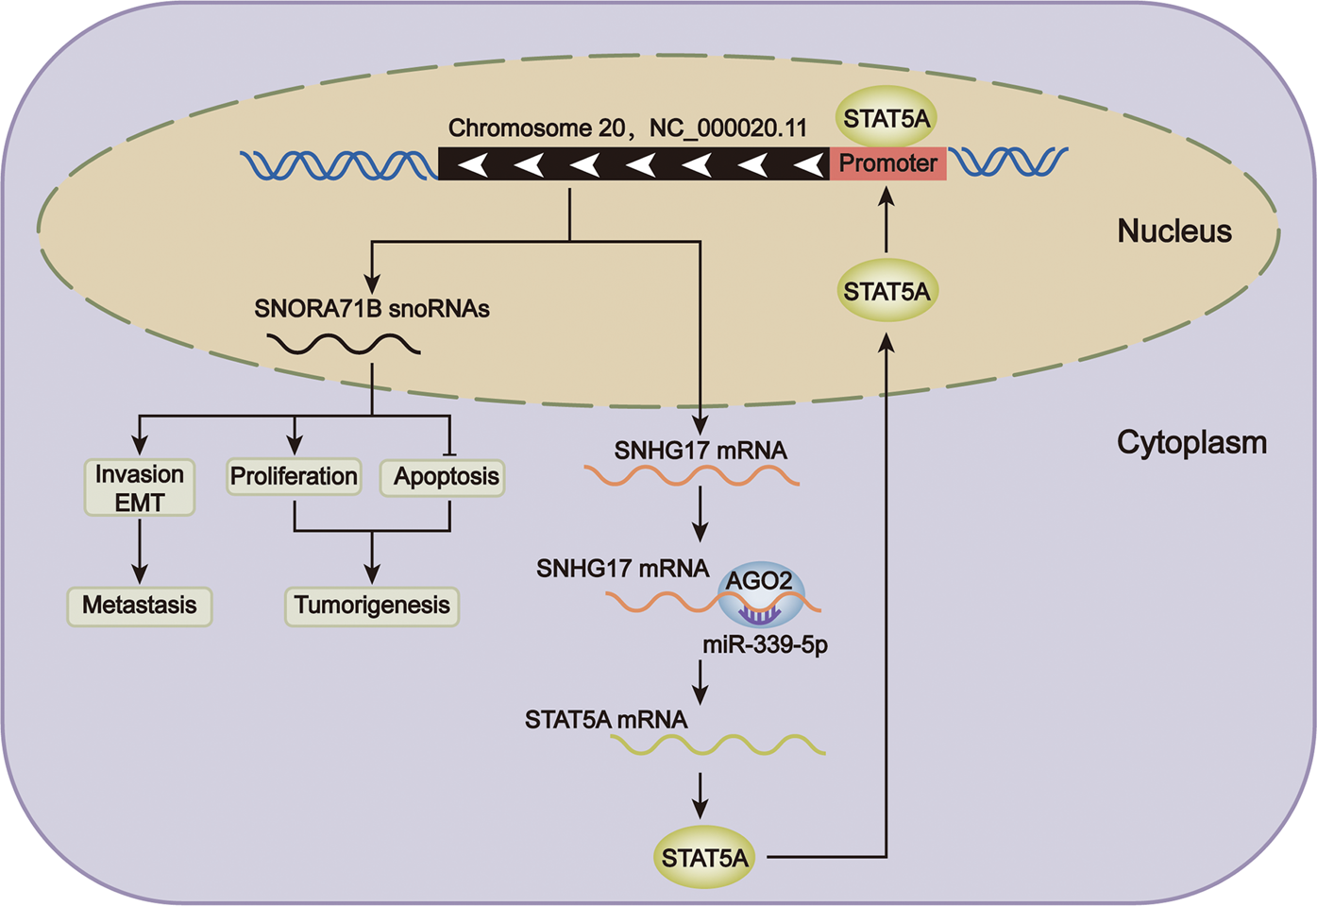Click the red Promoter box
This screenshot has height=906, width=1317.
887,163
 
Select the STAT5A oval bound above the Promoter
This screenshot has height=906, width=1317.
886,119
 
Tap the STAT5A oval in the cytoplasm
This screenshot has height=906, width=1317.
704,858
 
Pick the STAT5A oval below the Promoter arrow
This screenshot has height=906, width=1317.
886,291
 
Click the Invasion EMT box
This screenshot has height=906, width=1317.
140,487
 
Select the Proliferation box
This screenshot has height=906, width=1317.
294,476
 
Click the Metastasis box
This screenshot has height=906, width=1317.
140,606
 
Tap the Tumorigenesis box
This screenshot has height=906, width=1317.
372,606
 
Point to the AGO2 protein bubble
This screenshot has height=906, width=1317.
760,591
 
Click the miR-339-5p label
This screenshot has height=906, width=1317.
765,645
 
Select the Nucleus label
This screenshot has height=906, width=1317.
1173,231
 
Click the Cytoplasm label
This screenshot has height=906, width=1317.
1191,442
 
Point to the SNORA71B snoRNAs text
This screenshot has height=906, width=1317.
372,309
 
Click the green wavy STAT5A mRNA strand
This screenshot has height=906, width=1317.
718,745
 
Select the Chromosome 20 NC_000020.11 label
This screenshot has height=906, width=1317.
628,128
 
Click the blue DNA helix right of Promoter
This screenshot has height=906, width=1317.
1008,162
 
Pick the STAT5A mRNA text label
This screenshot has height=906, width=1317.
606,720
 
